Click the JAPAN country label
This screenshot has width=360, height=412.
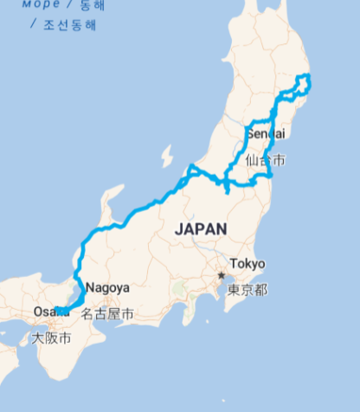201,229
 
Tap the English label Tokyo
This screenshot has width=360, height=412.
247,264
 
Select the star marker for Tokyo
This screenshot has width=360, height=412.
222,275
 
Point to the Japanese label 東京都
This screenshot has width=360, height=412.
247,289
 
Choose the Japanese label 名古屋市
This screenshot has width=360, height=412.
107,313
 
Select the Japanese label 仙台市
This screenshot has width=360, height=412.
265,160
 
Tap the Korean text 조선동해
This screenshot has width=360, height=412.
69,25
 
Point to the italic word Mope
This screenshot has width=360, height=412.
41,3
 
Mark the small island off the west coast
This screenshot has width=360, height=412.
166,157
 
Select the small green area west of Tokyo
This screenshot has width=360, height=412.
179,286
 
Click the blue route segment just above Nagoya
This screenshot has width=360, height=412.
80,270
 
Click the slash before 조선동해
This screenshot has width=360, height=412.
33,25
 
